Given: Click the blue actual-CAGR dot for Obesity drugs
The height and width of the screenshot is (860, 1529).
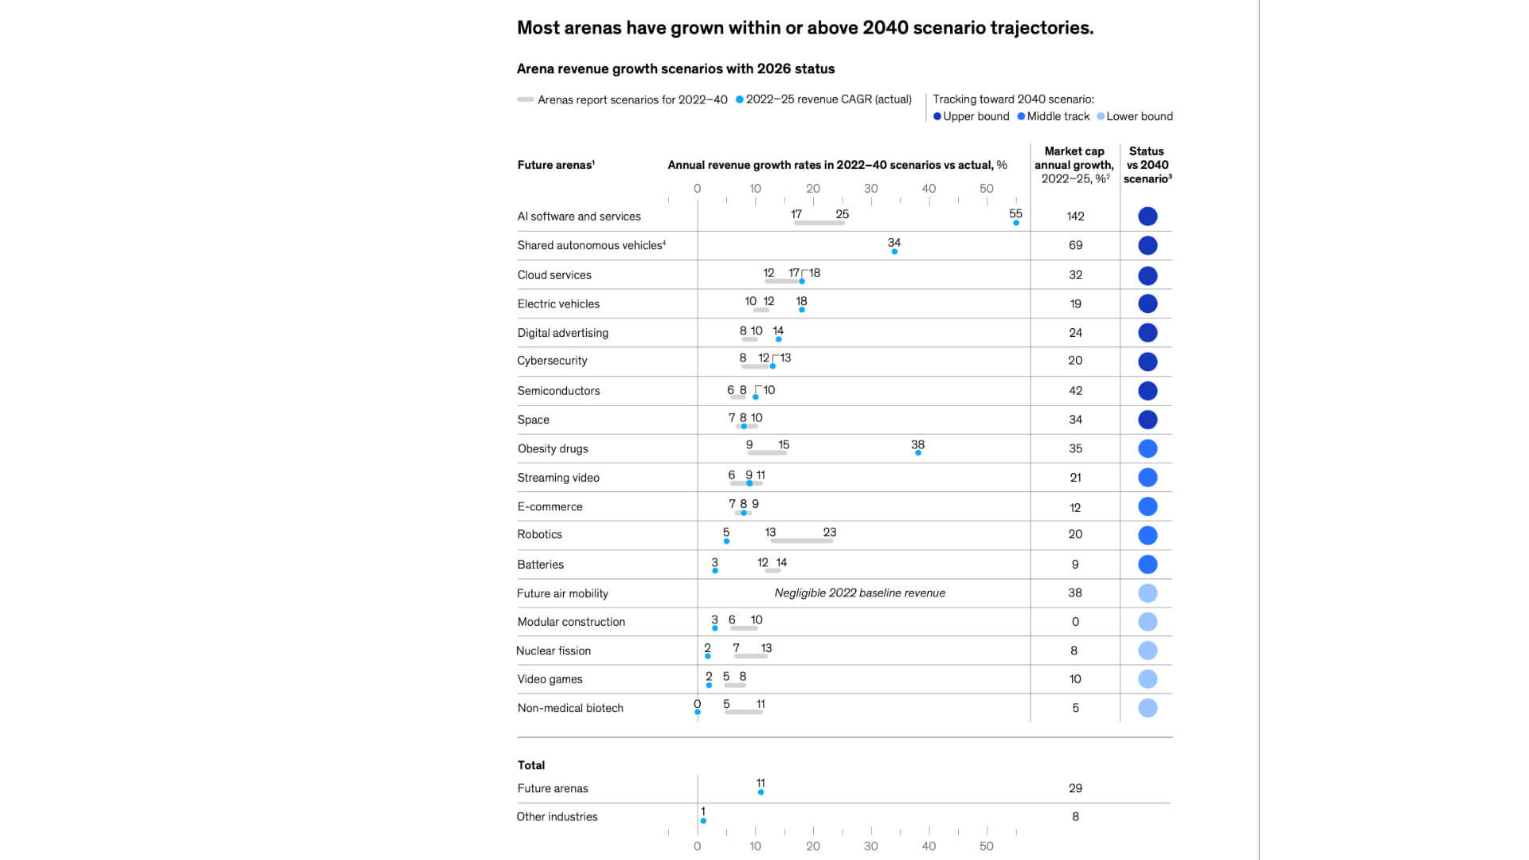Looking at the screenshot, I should coord(918,452).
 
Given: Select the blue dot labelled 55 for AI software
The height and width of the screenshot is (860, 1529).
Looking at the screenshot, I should coord(1016,223).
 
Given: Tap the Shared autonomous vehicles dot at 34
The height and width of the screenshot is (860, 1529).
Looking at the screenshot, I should coord(894,252).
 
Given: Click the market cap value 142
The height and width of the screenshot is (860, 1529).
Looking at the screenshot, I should coord(1075,217).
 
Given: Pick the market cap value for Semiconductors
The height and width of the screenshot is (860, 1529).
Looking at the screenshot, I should coord(1075,391).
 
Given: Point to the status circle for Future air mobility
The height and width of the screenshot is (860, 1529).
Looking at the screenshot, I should coord(1148,593).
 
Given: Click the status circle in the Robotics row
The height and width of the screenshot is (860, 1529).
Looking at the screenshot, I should coord(1148,535).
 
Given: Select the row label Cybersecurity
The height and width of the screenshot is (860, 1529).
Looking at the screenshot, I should coord(552,361).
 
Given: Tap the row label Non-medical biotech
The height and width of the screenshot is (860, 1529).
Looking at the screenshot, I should coord(570,708).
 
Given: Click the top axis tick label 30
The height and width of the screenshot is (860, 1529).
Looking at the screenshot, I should coord(870,189).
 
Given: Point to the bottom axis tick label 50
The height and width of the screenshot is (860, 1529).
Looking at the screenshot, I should coord(986,846).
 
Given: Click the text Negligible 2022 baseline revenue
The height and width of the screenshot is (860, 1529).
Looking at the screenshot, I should coord(859,593).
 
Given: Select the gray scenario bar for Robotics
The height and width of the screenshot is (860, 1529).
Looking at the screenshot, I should coord(801,541).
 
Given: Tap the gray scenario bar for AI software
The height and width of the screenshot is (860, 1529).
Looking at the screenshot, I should coord(819,223).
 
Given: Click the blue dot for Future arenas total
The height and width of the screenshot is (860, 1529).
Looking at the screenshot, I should coord(761,792).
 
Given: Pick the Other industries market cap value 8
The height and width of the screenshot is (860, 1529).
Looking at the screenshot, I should coord(1075,817).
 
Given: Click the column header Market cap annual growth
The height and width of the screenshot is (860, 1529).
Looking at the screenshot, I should coord(1074,165).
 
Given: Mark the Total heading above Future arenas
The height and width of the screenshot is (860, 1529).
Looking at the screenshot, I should coord(531,765).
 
